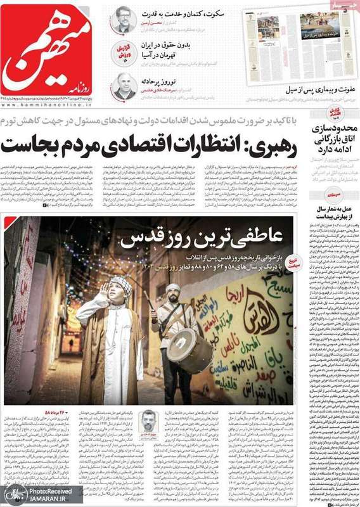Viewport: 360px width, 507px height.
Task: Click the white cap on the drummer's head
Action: pyautogui.click(x=173, y=288)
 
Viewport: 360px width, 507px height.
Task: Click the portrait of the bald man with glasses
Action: pyautogui.click(x=123, y=86)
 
